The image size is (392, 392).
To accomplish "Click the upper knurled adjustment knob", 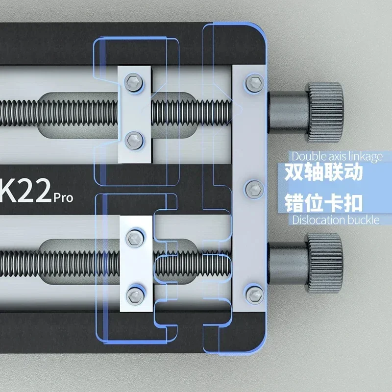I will click(324, 106).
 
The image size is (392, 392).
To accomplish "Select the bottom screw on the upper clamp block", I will click(133, 139).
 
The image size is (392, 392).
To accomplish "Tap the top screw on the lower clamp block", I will click(133, 238).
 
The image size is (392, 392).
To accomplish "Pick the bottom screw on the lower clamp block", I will click(133, 294).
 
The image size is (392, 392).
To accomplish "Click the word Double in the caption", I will click(306, 156).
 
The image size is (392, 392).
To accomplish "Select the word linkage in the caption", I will click(363, 156).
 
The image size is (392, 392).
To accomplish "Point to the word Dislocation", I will click(318, 220).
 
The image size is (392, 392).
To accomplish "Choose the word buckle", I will click(364, 220).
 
